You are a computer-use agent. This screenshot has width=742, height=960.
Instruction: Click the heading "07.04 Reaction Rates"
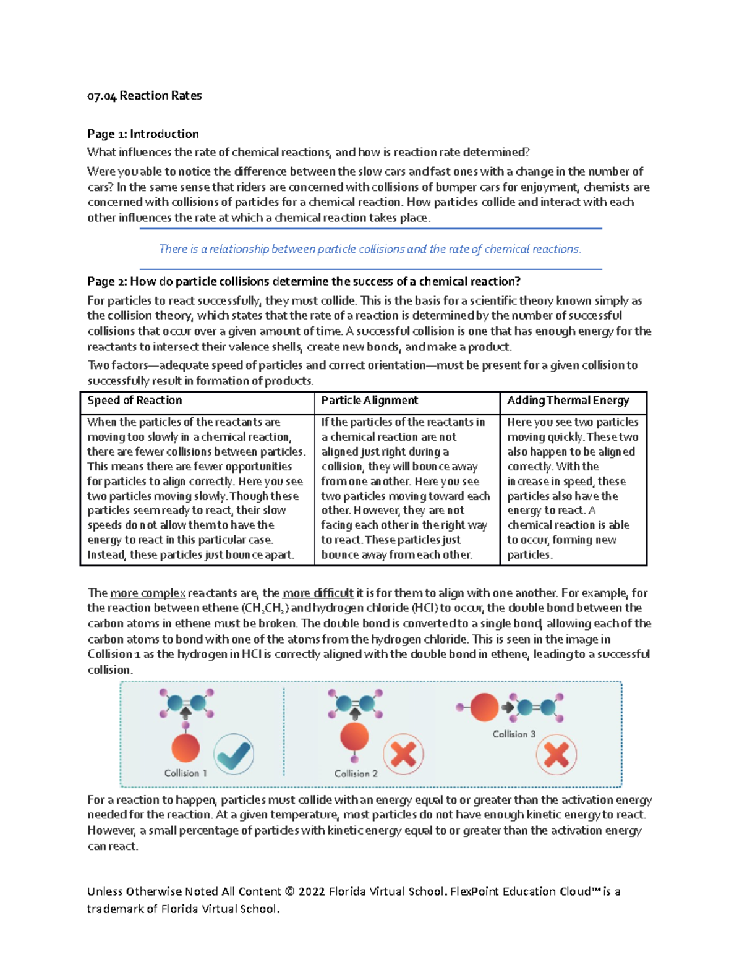pos(144,95)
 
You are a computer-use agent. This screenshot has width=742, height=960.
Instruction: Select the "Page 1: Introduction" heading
pos(143,134)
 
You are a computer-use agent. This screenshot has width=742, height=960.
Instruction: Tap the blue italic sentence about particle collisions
pos(370,249)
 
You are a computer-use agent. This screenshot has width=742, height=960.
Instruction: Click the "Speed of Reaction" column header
pos(135,401)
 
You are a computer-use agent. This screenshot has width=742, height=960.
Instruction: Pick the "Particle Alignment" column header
pos(369,401)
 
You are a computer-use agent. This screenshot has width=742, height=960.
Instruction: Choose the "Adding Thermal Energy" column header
pos(568,401)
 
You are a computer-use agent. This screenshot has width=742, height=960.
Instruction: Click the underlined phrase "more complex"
pos(147,593)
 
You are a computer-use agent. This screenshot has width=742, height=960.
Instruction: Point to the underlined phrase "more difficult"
pos(318,593)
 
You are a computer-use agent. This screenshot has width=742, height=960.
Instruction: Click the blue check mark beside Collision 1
pos(234,754)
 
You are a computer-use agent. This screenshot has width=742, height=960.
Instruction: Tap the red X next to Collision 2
pos(403,754)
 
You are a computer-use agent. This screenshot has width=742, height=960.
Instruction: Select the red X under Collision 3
pos(556,754)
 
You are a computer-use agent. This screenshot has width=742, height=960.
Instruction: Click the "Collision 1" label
pos(185,773)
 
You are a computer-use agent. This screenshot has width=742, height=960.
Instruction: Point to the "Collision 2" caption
pos(356,774)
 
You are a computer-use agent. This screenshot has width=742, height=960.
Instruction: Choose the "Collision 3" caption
pos(514,734)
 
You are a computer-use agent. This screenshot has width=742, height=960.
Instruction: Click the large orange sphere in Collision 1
pos(185,747)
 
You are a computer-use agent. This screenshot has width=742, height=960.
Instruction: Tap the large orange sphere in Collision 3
pos(484,707)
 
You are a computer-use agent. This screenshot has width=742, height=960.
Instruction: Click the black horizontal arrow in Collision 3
pos(508,707)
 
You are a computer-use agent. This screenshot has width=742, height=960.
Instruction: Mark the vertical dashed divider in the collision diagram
pos(284,733)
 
